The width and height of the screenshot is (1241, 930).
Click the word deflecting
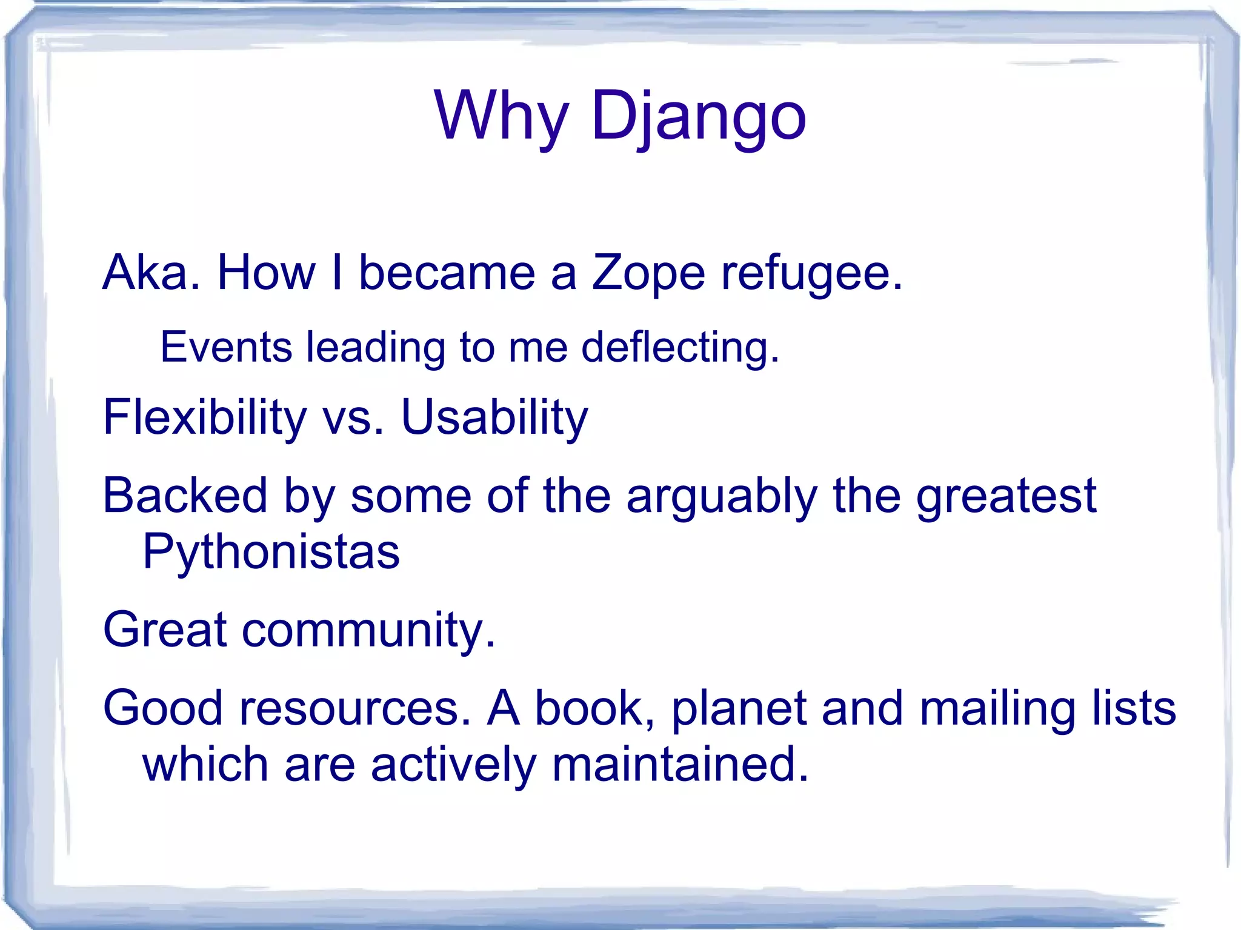tap(680, 348)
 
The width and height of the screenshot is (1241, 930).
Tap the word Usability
tap(494, 417)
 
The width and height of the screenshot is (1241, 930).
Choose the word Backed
tap(185, 496)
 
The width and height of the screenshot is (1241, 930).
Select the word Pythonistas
tap(271, 553)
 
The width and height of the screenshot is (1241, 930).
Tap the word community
tap(368, 630)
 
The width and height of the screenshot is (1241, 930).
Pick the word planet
tap(739, 709)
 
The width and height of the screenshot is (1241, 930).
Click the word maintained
tap(680, 765)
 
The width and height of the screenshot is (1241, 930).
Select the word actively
tap(453, 765)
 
